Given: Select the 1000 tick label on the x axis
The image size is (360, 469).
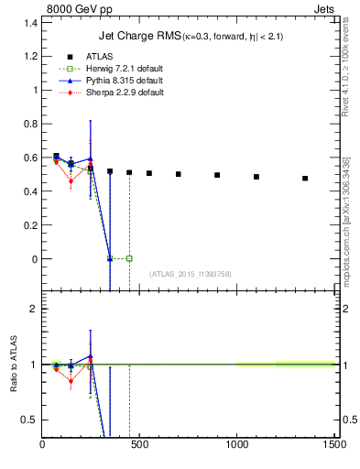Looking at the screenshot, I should pos(237,446).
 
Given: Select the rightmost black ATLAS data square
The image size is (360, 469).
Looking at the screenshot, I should pos(305,179).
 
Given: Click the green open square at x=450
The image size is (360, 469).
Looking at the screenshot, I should pos(129,258).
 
